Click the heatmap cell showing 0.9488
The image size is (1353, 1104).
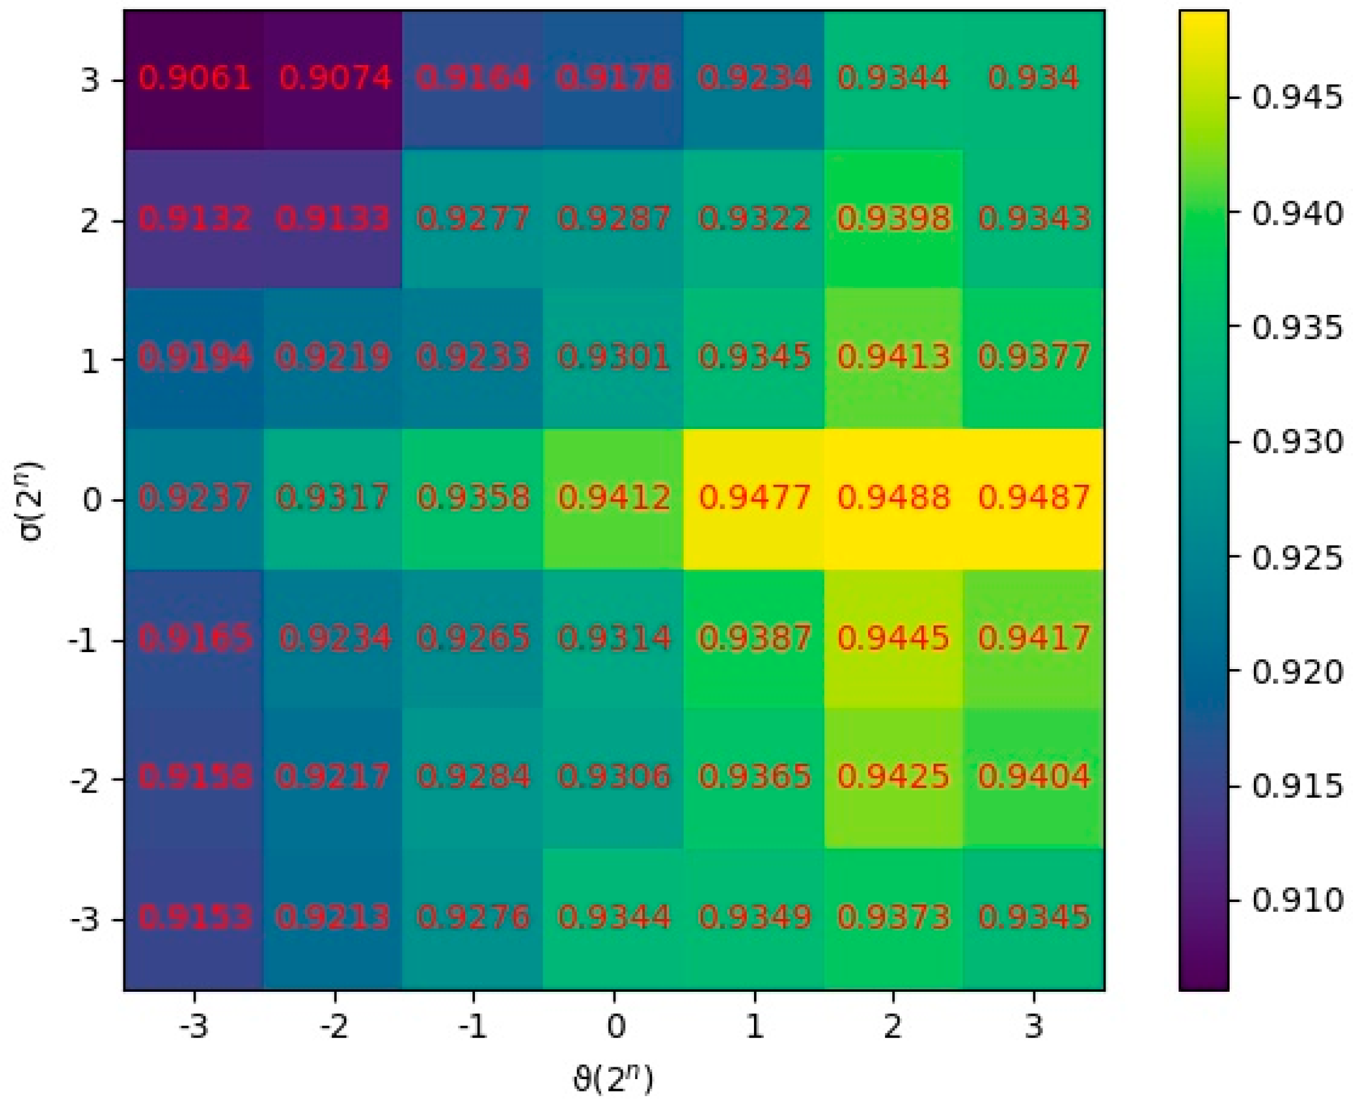(893, 498)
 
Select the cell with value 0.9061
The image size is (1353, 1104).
(194, 79)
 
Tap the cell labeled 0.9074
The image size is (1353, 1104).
(335, 79)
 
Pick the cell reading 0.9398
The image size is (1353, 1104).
(893, 218)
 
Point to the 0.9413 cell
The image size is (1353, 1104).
(893, 358)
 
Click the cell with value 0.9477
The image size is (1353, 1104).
(754, 498)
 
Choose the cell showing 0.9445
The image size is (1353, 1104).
(893, 638)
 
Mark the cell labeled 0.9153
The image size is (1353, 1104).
(194, 917)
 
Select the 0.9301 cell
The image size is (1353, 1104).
(614, 358)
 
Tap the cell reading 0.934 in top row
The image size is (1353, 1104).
(1033, 79)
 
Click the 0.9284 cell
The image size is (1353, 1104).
(473, 777)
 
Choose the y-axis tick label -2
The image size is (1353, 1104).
(85, 779)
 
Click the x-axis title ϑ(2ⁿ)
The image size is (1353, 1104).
(614, 1078)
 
